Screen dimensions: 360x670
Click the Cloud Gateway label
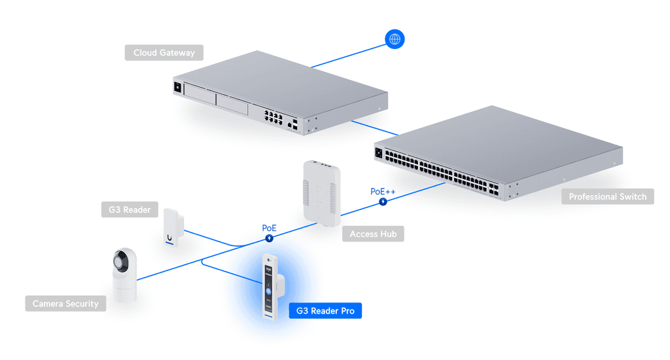tap(164, 52)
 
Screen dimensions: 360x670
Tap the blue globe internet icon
tap(395, 39)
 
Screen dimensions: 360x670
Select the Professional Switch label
tap(607, 196)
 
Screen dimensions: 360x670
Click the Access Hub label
tap(373, 234)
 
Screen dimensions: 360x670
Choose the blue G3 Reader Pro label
tap(325, 310)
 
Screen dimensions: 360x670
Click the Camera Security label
tap(65, 304)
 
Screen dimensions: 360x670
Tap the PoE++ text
tap(382, 192)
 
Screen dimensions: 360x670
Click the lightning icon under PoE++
tap(383, 202)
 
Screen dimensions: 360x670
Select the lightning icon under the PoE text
tap(269, 238)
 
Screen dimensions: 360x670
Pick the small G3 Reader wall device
tap(172, 227)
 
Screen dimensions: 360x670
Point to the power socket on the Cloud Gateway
tap(177, 86)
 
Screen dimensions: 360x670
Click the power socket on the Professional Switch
tap(379, 153)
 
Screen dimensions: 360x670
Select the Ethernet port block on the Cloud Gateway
tap(273, 118)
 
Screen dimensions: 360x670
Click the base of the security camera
tap(124, 291)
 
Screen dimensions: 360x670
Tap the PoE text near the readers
tap(269, 228)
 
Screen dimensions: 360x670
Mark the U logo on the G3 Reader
tap(169, 238)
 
